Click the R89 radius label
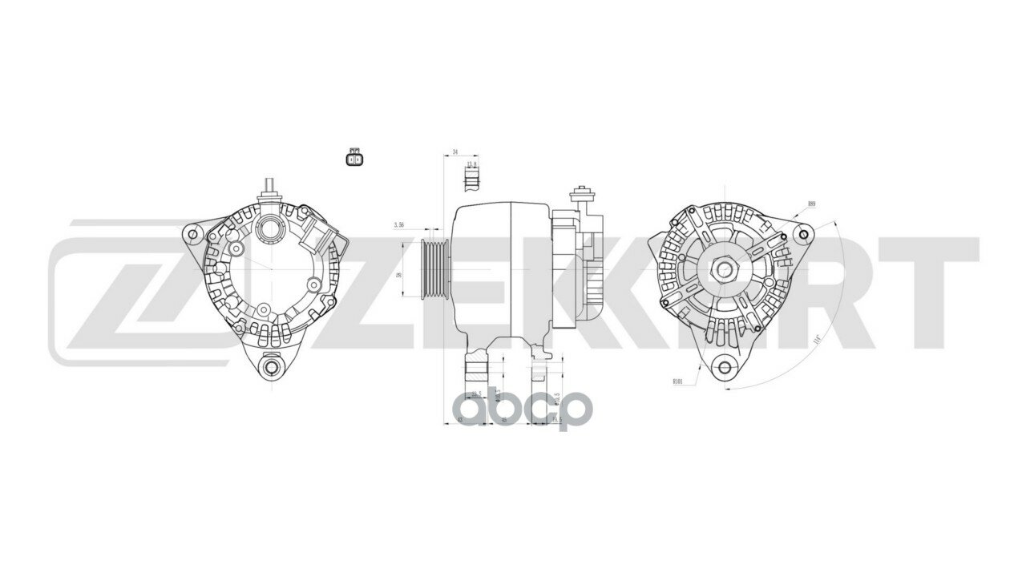pyautogui.click(x=812, y=204)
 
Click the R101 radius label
pyautogui.click(x=678, y=382)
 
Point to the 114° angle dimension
pyautogui.click(x=817, y=338)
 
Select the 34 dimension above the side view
pyautogui.click(x=455, y=151)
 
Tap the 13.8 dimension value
pyautogui.click(x=471, y=164)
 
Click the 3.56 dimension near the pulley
pyautogui.click(x=399, y=226)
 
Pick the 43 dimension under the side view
pyautogui.click(x=459, y=419)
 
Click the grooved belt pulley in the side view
pyautogui.click(x=434, y=268)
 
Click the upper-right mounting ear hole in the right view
pyautogui.click(x=804, y=235)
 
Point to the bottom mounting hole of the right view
pyautogui.click(x=725, y=368)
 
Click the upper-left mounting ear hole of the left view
pyautogui.click(x=192, y=233)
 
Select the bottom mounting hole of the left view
pyautogui.click(x=269, y=367)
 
